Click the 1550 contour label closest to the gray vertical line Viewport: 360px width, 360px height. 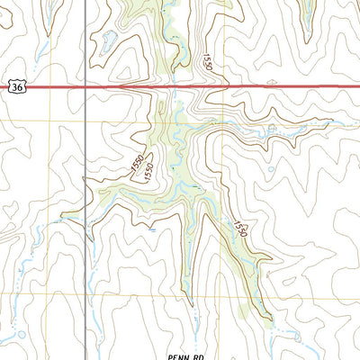pyautogui.click(x=135, y=164)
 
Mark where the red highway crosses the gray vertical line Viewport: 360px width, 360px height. pyautogui.click(x=85, y=87)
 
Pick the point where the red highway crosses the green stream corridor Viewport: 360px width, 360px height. pyautogui.click(x=171, y=87)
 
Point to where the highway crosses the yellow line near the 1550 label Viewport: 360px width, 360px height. pyautogui.click(x=223, y=87)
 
